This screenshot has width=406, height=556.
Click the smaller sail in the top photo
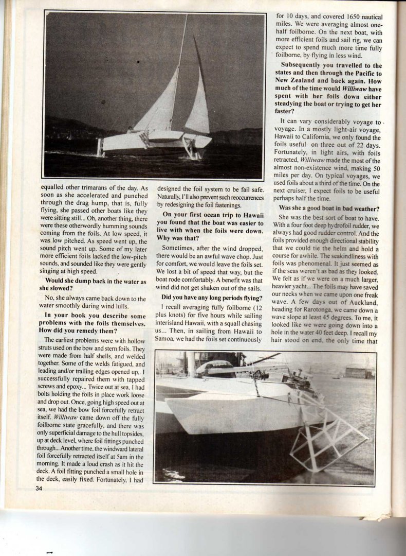(198, 108)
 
